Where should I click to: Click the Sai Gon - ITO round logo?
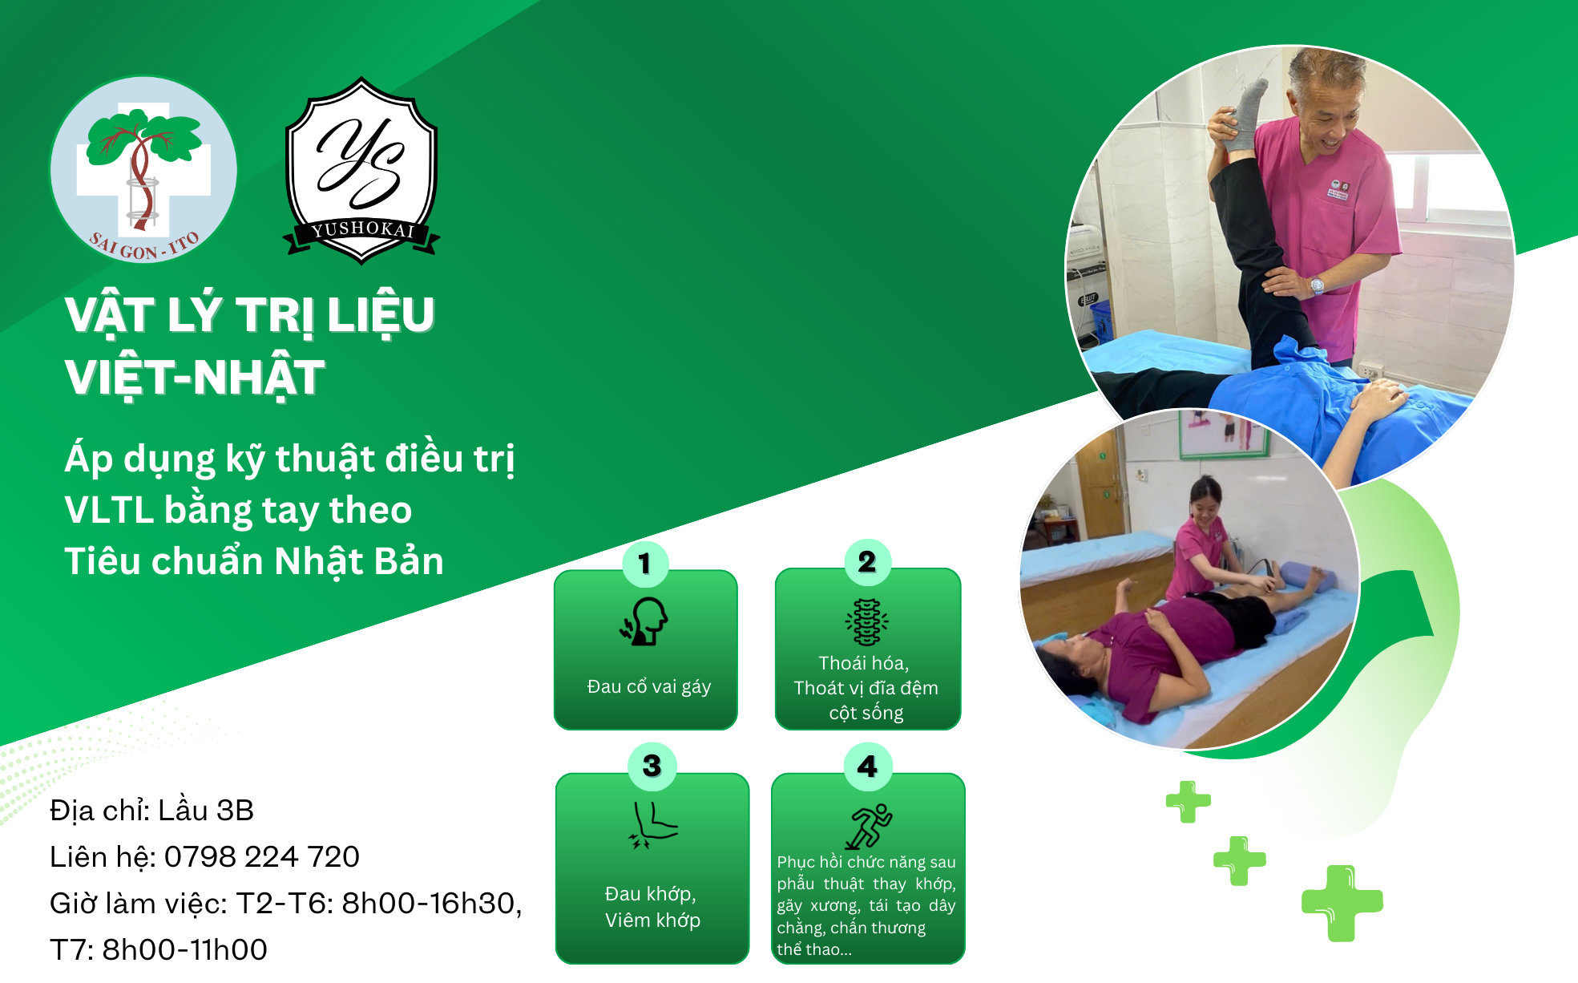(x=143, y=170)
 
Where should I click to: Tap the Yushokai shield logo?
(x=361, y=171)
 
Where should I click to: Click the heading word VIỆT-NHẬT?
(x=195, y=378)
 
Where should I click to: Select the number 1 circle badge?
(x=645, y=563)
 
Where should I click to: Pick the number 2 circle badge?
(x=867, y=562)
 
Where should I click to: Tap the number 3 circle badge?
(x=652, y=766)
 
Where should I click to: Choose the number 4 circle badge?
(x=868, y=767)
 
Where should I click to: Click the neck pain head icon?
(x=644, y=621)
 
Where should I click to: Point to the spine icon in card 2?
(x=866, y=622)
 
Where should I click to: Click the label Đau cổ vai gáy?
(x=649, y=686)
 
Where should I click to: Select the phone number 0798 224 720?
(x=262, y=856)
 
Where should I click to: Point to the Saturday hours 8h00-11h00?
(x=185, y=949)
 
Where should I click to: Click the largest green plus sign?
(x=1342, y=903)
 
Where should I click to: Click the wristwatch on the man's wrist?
(x=1317, y=285)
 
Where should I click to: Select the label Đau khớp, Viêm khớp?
(x=652, y=907)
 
